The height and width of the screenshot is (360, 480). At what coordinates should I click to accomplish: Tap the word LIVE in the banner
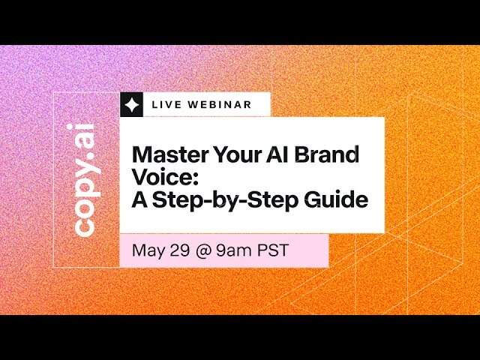click(x=165, y=105)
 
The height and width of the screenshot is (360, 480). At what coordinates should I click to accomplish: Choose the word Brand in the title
click(x=327, y=155)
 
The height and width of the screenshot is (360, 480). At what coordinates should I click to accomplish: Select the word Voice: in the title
click(x=159, y=178)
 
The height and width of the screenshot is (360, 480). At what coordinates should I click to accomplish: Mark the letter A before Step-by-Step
click(x=139, y=200)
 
